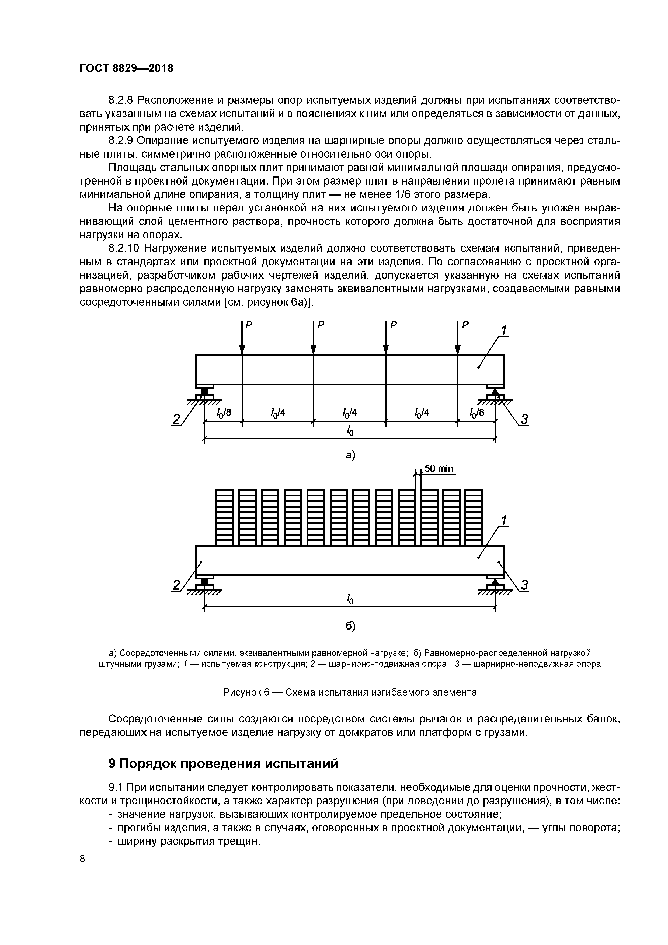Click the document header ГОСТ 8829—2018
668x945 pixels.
(x=126, y=68)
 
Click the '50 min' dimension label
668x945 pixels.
(x=439, y=468)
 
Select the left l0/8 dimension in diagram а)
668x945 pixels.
(x=224, y=413)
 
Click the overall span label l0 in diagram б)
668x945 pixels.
(x=350, y=599)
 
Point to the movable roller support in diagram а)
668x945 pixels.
(x=204, y=392)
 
